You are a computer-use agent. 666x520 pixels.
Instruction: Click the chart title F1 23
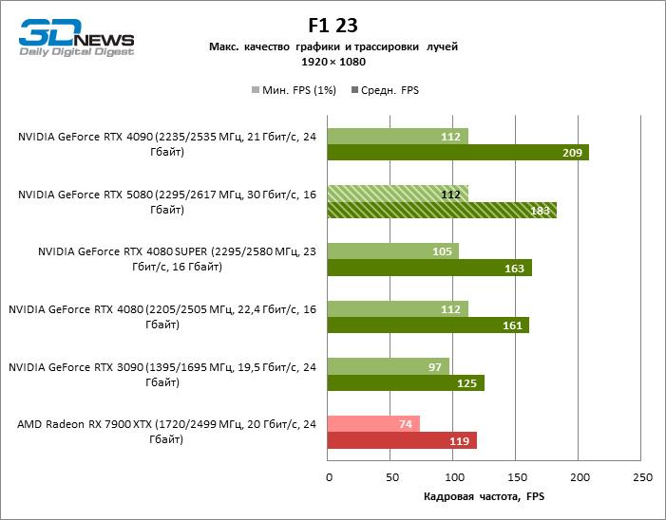[x=333, y=25]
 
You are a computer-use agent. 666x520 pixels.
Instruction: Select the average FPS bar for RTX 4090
[x=457, y=153]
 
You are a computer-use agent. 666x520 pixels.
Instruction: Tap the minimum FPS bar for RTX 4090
[x=397, y=137]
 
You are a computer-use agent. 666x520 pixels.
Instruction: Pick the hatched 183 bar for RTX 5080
[x=441, y=210]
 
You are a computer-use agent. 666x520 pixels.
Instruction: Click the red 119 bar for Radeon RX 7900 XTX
[x=401, y=440]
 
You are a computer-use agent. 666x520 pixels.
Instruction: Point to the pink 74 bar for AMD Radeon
[x=372, y=424]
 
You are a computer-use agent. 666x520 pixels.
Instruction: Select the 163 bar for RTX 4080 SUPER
[x=428, y=268]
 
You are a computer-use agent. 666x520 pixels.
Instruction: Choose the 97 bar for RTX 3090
[x=388, y=366]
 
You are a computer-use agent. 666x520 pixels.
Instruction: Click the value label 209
[x=573, y=153]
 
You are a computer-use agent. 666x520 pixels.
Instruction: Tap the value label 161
[x=513, y=325]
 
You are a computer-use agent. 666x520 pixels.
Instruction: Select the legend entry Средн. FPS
[x=386, y=90]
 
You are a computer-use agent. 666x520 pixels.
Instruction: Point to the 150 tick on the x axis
[x=517, y=477]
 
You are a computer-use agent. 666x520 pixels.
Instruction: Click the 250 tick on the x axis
[x=642, y=477]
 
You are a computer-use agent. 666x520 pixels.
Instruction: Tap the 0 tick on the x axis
[x=328, y=477]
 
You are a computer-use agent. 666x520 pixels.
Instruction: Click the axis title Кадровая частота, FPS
[x=485, y=497]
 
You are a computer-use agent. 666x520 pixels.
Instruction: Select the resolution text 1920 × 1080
[x=333, y=62]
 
